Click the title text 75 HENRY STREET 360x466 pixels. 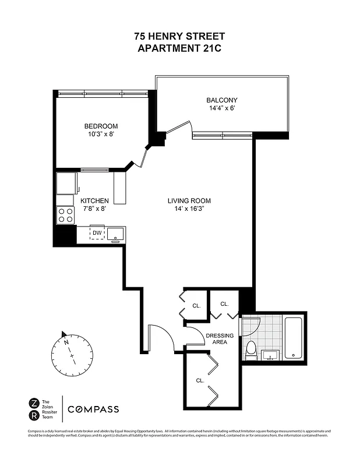(x=179, y=37)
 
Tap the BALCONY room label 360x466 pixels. (x=222, y=100)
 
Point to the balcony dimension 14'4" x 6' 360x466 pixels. (x=222, y=108)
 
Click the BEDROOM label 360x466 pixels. (x=101, y=126)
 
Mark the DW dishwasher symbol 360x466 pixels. (x=97, y=234)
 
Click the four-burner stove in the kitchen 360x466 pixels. (x=66, y=215)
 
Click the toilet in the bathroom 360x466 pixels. (x=252, y=349)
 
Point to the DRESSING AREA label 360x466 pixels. (x=220, y=339)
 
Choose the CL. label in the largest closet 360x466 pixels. (x=199, y=380)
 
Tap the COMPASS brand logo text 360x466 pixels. (x=93, y=409)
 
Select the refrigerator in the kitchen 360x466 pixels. (x=67, y=182)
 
